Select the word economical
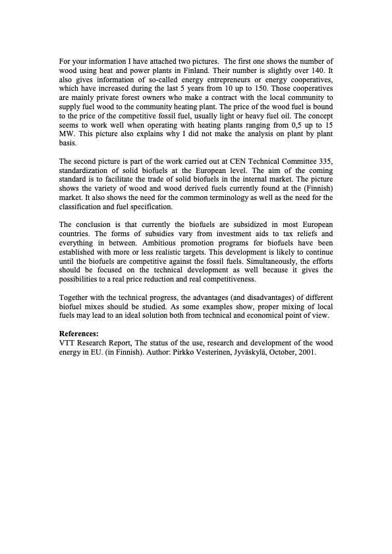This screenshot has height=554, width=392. [250, 317]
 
